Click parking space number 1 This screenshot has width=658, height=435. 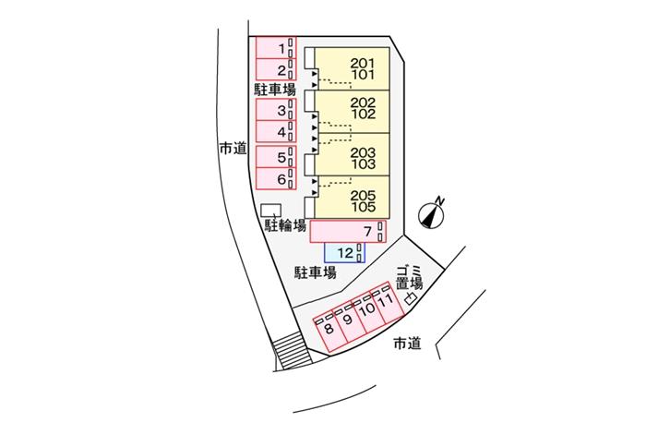coord(274,47)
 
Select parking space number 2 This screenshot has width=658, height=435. coord(274,69)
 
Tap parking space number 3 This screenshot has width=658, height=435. coord(274,111)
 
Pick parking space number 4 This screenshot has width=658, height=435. coord(274,131)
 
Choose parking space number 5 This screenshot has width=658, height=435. coord(274,156)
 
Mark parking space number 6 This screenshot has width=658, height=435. coord(274,177)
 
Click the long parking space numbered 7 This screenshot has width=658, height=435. coord(347,230)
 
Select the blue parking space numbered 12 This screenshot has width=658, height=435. coord(344,251)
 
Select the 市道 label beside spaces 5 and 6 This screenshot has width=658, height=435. coord(233,147)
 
